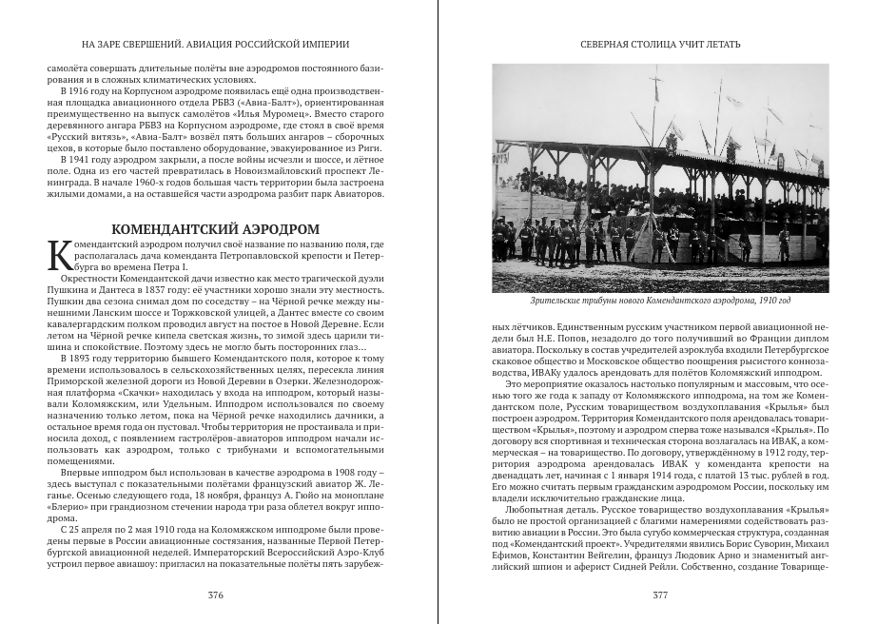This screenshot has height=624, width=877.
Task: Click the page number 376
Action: click(216, 595)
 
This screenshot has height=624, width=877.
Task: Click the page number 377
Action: click(660, 595)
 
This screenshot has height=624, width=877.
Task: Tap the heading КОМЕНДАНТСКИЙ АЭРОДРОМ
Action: click(215, 229)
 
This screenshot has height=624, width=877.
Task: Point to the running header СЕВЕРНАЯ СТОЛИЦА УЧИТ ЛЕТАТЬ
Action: click(660, 44)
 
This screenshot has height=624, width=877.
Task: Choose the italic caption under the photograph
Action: click(660, 302)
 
